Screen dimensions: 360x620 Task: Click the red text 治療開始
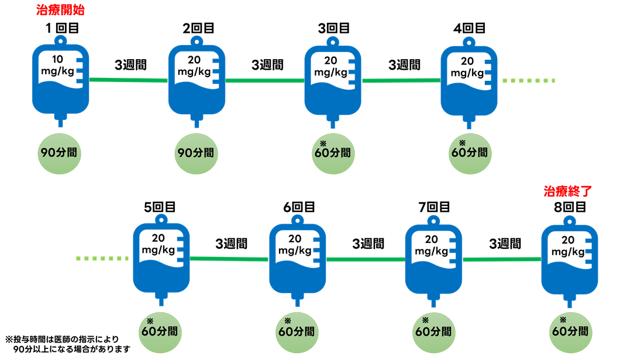(60, 10)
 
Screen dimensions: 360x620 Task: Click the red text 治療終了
(567, 191)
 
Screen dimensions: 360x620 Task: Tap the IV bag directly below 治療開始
(60, 79)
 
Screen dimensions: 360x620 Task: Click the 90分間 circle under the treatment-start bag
(60, 153)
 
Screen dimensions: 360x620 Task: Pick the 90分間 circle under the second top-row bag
(196, 153)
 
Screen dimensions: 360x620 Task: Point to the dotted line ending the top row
(529, 81)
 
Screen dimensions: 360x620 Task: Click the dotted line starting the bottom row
(102, 258)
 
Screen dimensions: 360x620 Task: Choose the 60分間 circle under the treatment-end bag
(570, 332)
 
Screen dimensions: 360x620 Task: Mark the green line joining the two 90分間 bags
(129, 80)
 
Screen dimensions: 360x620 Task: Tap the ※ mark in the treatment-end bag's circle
(563, 320)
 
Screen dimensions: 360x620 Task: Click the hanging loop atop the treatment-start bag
(60, 40)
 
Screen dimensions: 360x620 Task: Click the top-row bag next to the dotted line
(469, 81)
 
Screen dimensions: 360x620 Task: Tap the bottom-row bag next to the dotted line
(161, 258)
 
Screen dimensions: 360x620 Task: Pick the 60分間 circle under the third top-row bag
(333, 153)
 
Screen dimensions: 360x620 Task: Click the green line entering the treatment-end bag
(501, 259)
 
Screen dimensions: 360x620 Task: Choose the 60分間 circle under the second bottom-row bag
(297, 332)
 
